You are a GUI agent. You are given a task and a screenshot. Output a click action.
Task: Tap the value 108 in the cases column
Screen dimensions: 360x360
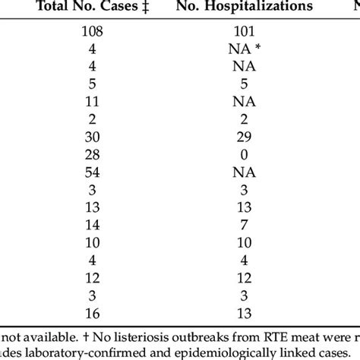click(94, 33)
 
